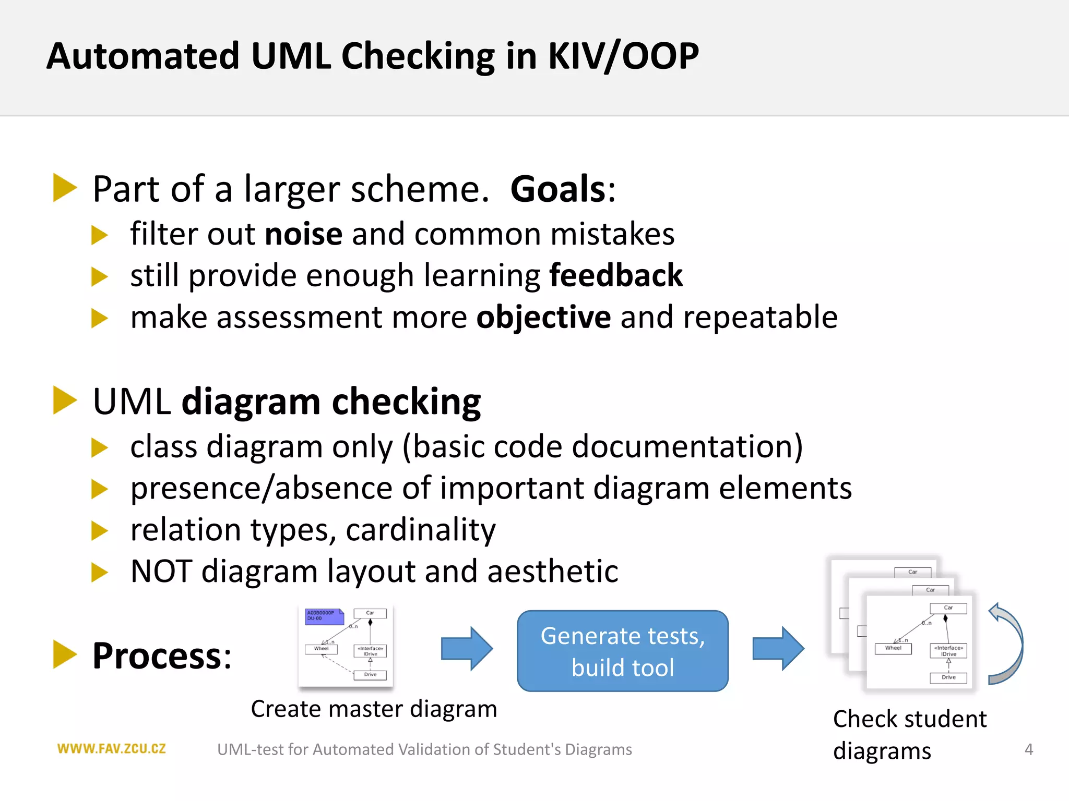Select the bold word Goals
(558, 189)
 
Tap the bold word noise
(303, 234)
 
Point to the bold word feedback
(616, 275)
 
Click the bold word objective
(543, 317)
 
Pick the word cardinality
(420, 530)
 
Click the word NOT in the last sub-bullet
(161, 571)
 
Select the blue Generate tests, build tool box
(622, 651)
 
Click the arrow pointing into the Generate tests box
(466, 649)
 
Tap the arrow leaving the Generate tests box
(778, 649)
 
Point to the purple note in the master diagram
(324, 616)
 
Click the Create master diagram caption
(374, 709)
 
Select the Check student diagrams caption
(909, 734)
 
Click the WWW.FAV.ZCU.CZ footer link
(111, 749)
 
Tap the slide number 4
(1028, 749)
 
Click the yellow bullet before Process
(65, 655)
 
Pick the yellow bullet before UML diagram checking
(65, 400)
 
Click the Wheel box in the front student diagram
(893, 648)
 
